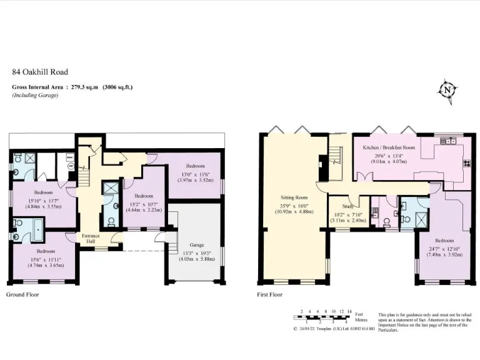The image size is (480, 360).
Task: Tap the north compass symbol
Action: click(x=446, y=90)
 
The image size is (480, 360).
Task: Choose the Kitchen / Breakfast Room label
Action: click(x=389, y=147)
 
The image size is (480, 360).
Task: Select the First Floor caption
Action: click(x=270, y=294)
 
